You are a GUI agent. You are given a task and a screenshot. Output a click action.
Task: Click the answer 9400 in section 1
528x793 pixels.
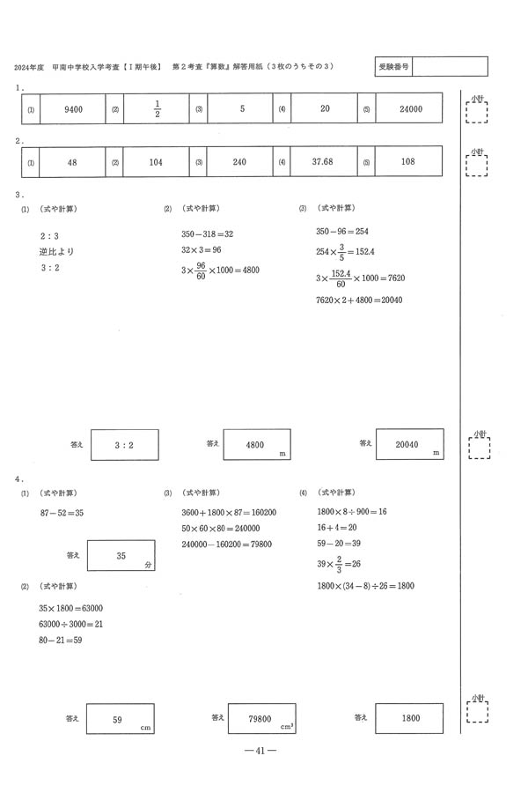click(73, 109)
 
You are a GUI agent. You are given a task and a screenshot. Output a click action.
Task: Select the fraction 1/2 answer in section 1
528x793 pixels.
click(157, 109)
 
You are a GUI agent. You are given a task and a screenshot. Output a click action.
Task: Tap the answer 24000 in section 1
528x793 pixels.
click(410, 109)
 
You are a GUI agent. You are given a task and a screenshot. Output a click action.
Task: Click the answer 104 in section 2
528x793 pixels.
click(157, 163)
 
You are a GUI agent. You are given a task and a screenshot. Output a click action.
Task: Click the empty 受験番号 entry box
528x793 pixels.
click(449, 67)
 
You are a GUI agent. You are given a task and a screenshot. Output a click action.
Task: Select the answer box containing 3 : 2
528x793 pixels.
click(124, 446)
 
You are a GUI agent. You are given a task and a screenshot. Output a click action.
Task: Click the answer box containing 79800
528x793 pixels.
click(260, 719)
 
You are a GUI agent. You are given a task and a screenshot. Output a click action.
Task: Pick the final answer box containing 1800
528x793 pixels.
click(410, 719)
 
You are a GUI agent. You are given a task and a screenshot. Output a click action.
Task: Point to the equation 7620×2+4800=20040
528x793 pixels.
click(358, 300)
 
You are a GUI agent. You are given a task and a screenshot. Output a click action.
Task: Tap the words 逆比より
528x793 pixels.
click(57, 252)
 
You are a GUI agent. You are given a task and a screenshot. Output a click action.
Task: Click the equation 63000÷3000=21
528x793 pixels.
click(71, 624)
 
